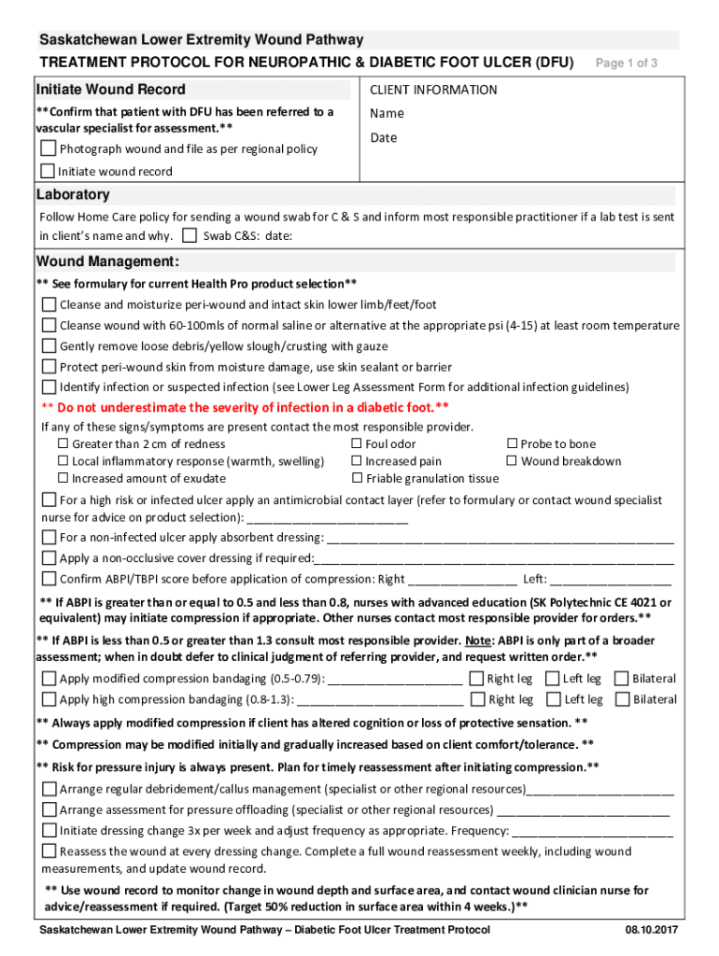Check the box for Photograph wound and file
(49, 149)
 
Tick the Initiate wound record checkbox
(48, 171)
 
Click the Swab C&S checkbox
(190, 236)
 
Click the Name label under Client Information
(387, 113)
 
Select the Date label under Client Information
(383, 137)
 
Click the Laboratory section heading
(73, 194)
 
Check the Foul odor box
(356, 444)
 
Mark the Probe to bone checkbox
(512, 444)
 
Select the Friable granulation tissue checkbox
(356, 479)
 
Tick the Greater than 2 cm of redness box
(63, 444)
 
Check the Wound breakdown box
(512, 461)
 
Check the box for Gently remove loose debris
(49, 346)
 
